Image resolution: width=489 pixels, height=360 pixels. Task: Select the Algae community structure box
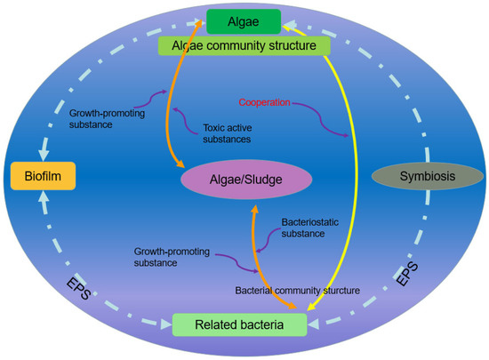[244, 45]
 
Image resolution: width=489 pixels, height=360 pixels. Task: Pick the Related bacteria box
[241, 325]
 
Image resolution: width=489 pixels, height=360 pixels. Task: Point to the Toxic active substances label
[222, 133]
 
